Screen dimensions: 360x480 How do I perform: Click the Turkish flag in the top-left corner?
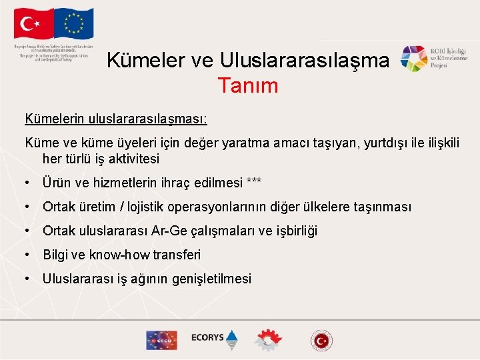(x=33, y=25)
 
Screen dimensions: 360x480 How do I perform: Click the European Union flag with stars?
(x=74, y=23)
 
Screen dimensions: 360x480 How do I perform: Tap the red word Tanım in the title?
(x=247, y=85)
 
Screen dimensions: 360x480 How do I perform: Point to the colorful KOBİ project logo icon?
(x=413, y=59)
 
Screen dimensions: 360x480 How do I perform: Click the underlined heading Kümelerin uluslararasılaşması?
(x=116, y=119)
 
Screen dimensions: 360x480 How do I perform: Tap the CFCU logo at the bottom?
(x=161, y=339)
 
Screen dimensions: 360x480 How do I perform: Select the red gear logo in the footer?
(x=268, y=339)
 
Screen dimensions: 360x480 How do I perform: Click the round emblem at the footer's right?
(x=321, y=340)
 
